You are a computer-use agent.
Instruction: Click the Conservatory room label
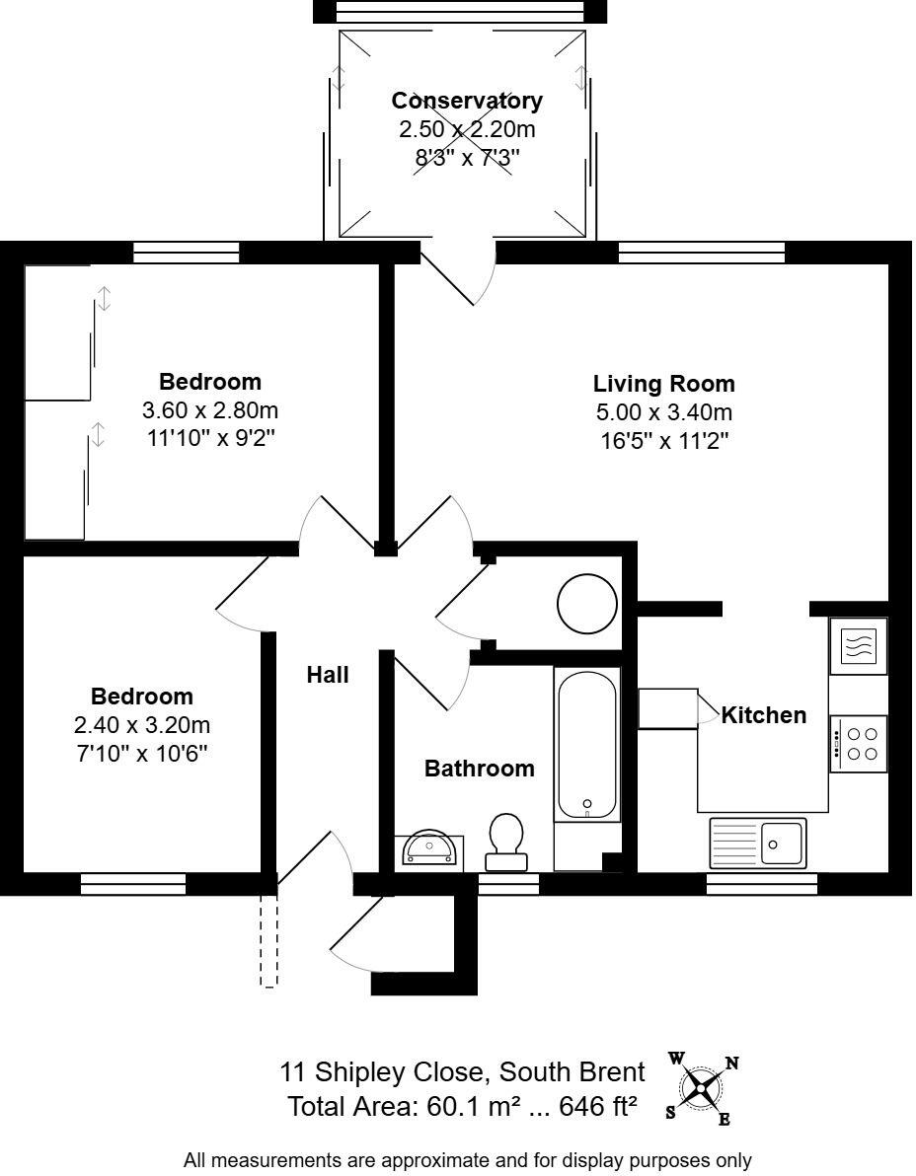(467, 101)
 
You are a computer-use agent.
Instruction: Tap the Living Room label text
(663, 384)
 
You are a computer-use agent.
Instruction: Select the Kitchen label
(763, 715)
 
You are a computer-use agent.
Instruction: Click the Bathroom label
(479, 769)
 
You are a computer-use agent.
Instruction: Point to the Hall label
(328, 675)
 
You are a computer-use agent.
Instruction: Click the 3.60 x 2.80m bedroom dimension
(210, 409)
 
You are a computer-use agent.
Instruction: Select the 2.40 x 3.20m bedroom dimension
(142, 725)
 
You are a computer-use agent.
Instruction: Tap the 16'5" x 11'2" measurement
(663, 440)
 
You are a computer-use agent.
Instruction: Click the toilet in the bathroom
(506, 841)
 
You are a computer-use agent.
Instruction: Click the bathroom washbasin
(431, 849)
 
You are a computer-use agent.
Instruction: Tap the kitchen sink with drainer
(757, 844)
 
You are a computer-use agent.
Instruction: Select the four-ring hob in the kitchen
(859, 744)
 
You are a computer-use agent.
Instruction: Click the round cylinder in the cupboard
(587, 604)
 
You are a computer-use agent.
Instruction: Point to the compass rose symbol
(701, 1087)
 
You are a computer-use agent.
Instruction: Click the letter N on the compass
(732, 1063)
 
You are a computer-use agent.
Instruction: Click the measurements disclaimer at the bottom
(467, 1160)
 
